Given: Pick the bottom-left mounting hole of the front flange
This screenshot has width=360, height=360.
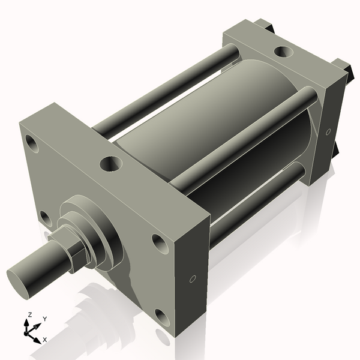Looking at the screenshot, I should (44, 217).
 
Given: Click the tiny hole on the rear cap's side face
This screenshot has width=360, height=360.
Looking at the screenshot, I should (328, 131).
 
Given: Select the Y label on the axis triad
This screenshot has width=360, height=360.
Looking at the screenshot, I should (45, 319).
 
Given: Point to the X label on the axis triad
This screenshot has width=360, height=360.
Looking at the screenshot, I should (44, 340).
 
